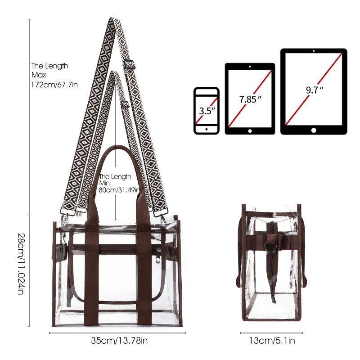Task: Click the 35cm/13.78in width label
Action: pyautogui.click(x=119, y=341)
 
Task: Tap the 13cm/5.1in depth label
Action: pyautogui.click(x=272, y=341)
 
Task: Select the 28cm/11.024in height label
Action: pyautogui.click(x=21, y=264)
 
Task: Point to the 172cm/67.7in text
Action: pyautogui.click(x=54, y=85)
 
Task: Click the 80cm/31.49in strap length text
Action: pyautogui.click(x=119, y=190)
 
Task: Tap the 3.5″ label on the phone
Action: pyautogui.click(x=207, y=111)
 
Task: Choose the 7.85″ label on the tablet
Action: pyautogui.click(x=250, y=99)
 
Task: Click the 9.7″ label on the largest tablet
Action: pyautogui.click(x=315, y=90)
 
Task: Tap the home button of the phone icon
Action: pyautogui.click(x=207, y=129)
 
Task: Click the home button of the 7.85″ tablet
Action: pyautogui.click(x=250, y=131)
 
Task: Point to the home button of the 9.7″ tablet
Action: pyautogui.click(x=314, y=130)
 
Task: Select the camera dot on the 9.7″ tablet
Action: pyautogui.click(x=314, y=51)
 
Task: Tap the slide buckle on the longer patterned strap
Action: pyautogui.click(x=129, y=64)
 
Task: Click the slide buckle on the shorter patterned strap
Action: pyautogui.click(x=125, y=104)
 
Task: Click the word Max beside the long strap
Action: pyautogui.click(x=39, y=75)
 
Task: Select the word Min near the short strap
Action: pyautogui.click(x=104, y=183)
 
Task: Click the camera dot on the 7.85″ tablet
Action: pyautogui.click(x=250, y=67)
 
